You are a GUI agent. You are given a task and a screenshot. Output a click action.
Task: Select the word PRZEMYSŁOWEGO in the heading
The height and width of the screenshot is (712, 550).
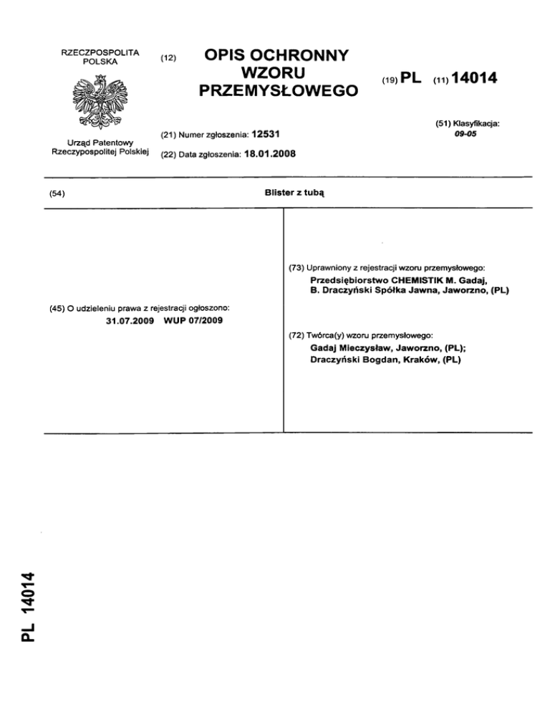point(279,91)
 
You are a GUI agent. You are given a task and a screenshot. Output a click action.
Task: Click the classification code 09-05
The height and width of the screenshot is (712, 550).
point(466,133)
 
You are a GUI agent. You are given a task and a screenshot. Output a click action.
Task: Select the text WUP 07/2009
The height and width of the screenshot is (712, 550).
point(193,319)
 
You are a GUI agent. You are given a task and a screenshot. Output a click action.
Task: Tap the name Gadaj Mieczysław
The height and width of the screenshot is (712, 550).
point(350,347)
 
